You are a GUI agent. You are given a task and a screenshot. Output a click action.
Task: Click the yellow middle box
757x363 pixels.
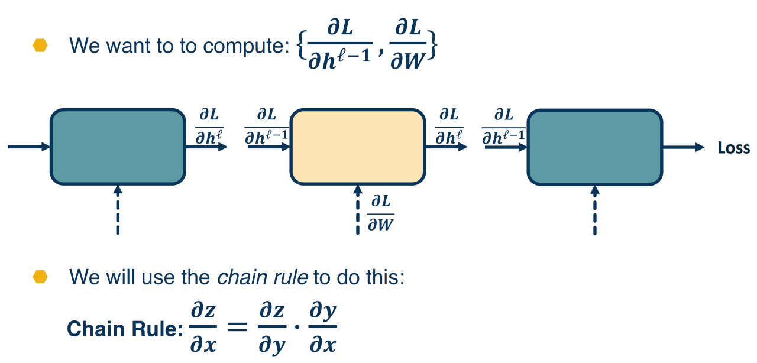[357, 147]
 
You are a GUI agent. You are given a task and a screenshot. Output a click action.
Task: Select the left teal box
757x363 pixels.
[118, 147]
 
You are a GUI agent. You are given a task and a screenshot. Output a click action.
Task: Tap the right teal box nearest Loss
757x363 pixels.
[594, 147]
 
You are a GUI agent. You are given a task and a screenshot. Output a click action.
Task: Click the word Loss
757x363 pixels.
[733, 148]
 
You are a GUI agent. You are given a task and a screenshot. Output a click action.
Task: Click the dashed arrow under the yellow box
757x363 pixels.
[357, 210]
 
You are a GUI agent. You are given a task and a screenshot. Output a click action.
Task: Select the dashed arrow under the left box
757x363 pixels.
[118, 210]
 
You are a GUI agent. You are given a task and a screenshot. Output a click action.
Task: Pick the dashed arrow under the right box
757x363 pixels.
[595, 210]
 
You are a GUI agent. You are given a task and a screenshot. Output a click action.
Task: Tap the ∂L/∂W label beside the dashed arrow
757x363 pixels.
[381, 213]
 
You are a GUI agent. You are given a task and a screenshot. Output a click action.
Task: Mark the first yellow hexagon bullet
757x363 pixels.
[40, 46]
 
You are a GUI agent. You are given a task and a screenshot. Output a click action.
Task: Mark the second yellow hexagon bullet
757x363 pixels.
[40, 277]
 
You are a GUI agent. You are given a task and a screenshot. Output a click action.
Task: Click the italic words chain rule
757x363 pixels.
[263, 277]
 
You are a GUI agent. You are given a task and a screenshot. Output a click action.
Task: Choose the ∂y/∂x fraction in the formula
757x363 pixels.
[322, 328]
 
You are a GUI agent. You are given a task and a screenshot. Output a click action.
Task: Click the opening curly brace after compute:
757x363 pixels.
[302, 47]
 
